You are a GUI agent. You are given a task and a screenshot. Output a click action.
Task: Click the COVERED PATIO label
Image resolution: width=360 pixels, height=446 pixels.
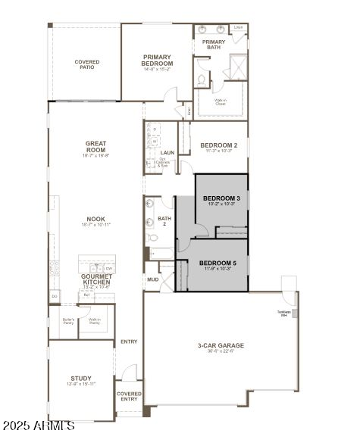pyautogui.click(x=87, y=66)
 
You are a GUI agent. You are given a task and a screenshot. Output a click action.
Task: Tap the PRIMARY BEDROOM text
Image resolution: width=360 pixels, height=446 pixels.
pyautogui.click(x=157, y=60)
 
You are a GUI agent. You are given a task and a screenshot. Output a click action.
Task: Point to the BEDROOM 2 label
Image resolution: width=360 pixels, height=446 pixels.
pyautogui.click(x=219, y=145)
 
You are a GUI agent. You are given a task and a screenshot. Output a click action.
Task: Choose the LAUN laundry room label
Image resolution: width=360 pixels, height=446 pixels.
pyautogui.click(x=167, y=152)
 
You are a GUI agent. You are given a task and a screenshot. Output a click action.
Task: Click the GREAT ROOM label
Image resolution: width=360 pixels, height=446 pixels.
pyautogui.click(x=95, y=147)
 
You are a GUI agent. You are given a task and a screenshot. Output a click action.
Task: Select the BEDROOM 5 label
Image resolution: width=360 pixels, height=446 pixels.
pyautogui.click(x=218, y=264)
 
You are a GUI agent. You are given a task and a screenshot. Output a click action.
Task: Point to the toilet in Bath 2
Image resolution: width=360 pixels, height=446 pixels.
pyautogui.click(x=153, y=237)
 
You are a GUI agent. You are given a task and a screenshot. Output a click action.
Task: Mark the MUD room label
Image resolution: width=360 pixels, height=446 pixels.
pyautogui.click(x=152, y=279)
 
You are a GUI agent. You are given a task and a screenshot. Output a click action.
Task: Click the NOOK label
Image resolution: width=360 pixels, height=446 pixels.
pyautogui.click(x=95, y=222)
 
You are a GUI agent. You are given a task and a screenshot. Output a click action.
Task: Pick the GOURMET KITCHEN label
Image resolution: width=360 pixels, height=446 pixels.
pyautogui.click(x=96, y=279)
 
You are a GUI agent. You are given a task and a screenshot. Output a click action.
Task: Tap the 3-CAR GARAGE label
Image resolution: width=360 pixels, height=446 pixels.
pyautogui.click(x=221, y=347)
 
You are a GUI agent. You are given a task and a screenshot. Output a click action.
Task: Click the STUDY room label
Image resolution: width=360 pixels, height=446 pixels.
pyautogui.click(x=81, y=379)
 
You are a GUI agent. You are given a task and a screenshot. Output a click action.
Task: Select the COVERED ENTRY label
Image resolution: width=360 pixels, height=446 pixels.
pyautogui.click(x=129, y=396)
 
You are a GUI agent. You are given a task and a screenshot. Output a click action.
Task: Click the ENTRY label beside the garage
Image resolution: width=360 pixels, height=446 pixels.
pyautogui.click(x=129, y=342)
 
